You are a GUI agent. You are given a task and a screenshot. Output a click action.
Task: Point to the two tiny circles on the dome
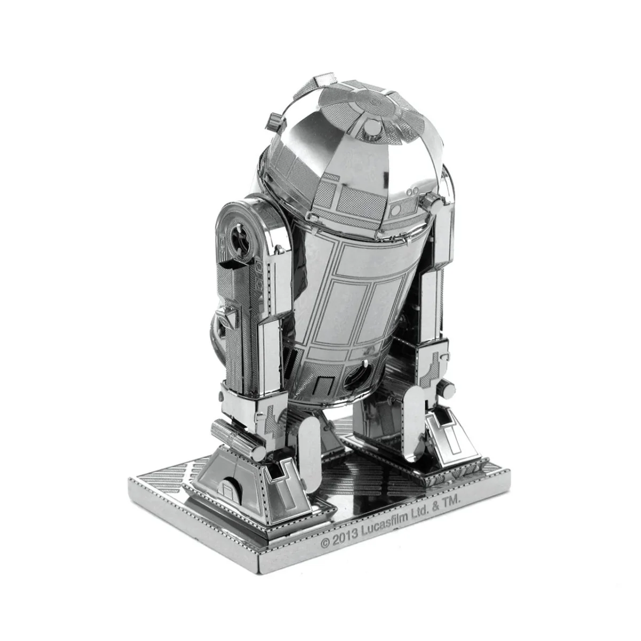pyautogui.click(x=412, y=192)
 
